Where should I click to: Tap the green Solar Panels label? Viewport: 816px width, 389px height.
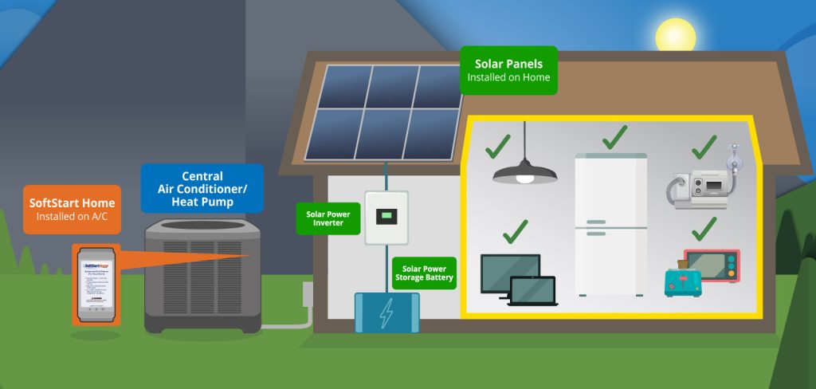tap(508, 70)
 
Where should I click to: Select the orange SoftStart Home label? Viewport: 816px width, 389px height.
tap(72, 208)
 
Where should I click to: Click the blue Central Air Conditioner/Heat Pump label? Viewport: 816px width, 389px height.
tap(202, 188)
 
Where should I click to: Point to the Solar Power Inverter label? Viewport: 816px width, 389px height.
tap(328, 218)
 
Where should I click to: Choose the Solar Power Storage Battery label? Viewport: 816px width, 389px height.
tap(424, 272)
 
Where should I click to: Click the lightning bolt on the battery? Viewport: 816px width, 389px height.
tap(386, 312)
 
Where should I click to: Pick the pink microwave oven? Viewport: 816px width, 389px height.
tap(712, 266)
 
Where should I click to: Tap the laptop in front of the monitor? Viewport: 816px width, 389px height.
tap(532, 290)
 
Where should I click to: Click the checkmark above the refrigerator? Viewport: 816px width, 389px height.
tap(614, 136)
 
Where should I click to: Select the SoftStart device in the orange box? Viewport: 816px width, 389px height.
tap(96, 284)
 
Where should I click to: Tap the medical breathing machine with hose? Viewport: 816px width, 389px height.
tap(701, 185)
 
